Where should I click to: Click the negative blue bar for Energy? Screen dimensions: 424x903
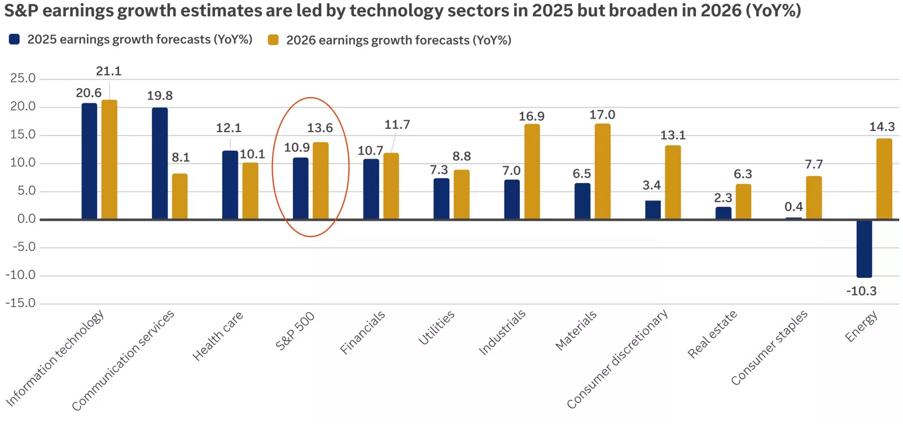coord(863,248)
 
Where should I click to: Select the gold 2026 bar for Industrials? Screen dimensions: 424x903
coord(532,172)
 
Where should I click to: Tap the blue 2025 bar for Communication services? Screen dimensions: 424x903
coord(160,163)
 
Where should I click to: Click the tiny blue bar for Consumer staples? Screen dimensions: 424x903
coord(794,218)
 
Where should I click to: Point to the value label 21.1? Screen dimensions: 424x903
coord(108,71)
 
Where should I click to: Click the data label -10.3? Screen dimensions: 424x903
coord(861,291)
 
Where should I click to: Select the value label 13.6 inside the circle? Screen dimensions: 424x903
coord(319,128)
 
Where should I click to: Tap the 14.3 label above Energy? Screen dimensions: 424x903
coord(882,127)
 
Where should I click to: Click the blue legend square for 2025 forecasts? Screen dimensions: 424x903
coord(15,39)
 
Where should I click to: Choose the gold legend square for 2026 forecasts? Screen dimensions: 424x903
coord(273,40)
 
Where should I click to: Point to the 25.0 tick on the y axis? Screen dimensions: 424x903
coord(23,78)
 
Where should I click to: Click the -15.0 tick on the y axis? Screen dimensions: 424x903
coord(20,303)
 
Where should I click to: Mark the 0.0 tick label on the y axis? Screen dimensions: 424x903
coord(26,219)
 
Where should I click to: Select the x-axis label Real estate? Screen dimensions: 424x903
coord(712,334)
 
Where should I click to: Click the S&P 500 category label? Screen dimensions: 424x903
coord(295,331)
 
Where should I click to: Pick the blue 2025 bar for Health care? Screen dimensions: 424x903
coord(230,185)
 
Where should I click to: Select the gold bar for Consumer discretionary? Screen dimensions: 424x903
coord(673,182)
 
